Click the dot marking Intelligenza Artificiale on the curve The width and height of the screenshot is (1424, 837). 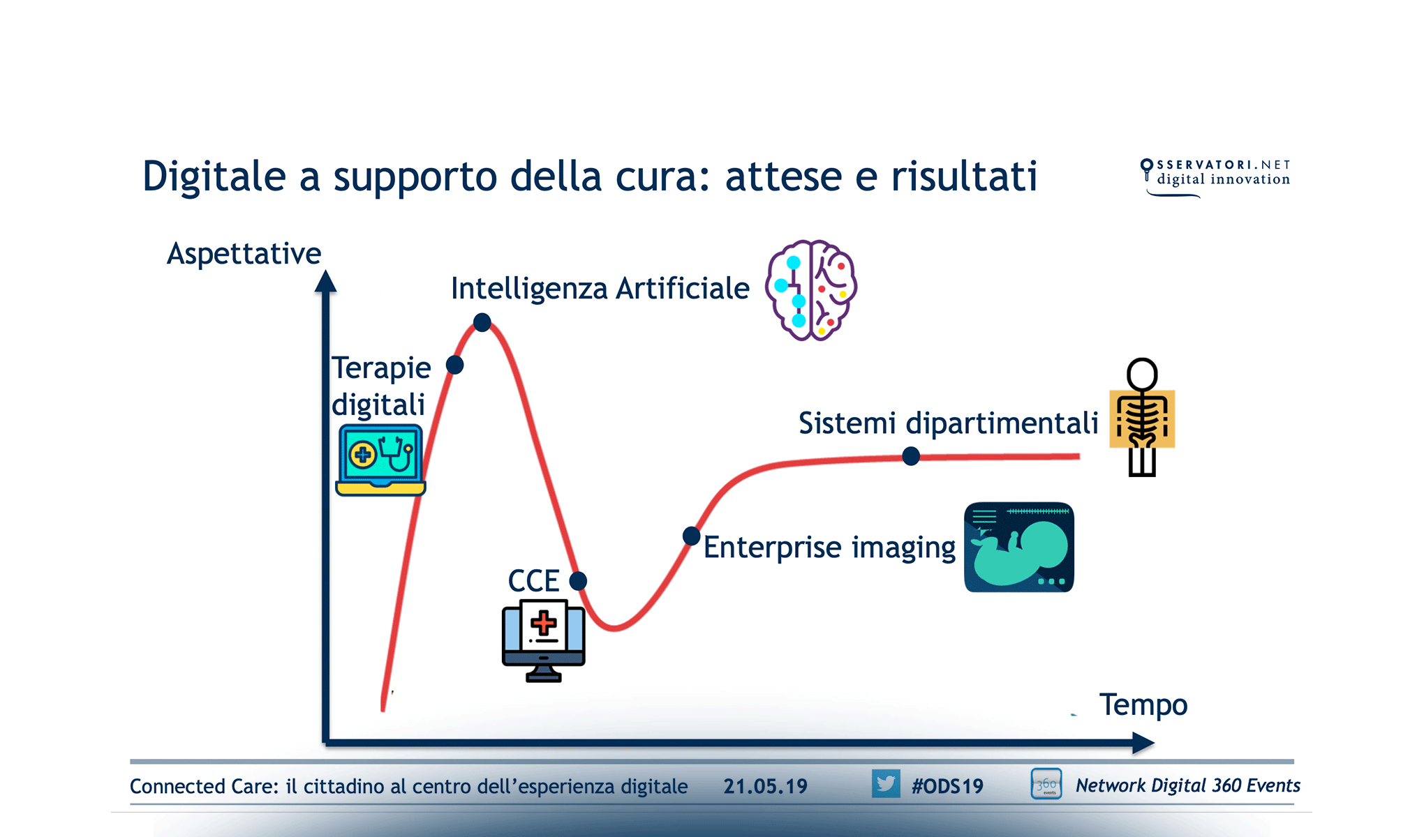[482, 322]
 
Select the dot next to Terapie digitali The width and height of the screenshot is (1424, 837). [454, 364]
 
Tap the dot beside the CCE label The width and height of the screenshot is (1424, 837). [578, 580]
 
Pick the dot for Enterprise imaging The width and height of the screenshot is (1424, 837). [691, 536]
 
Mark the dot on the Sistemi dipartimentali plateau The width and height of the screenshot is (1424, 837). [910, 456]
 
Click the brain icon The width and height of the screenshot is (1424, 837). [810, 290]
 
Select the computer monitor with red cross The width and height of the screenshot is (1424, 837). [543, 640]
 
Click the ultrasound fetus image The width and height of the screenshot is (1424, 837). [1018, 548]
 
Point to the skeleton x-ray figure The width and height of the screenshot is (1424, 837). [1142, 417]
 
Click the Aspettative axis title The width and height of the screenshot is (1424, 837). [244, 254]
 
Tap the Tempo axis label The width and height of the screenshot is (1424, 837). [1143, 704]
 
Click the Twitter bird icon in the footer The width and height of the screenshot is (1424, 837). [885, 784]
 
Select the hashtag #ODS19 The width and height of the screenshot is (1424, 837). [947, 786]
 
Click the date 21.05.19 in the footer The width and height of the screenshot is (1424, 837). [765, 786]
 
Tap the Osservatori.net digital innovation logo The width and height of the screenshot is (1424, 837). [1215, 174]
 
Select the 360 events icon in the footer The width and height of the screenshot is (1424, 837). [1046, 784]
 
